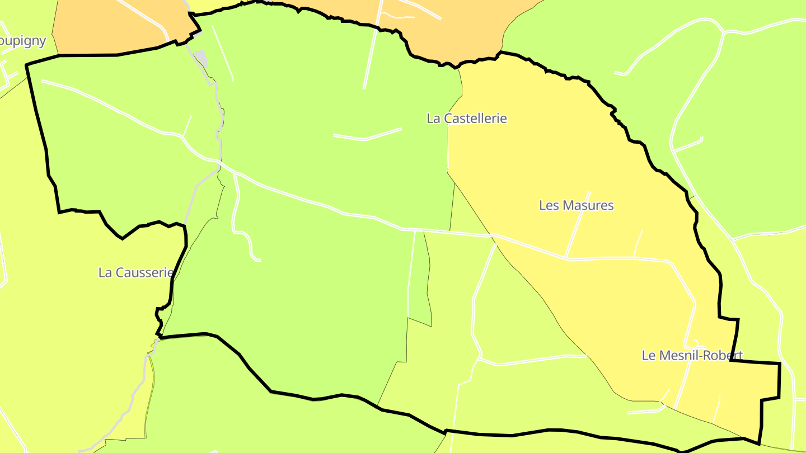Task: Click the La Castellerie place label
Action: [466, 119]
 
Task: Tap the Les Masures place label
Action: [576, 205]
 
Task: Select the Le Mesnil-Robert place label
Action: [692, 355]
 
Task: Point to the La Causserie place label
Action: [135, 272]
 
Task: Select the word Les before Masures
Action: [548, 205]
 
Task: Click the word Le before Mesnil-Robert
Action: [648, 355]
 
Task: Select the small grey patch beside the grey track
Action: [200, 58]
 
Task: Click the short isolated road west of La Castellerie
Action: [367, 135]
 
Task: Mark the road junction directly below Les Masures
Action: [566, 258]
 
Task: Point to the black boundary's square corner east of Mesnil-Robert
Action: [779, 364]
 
